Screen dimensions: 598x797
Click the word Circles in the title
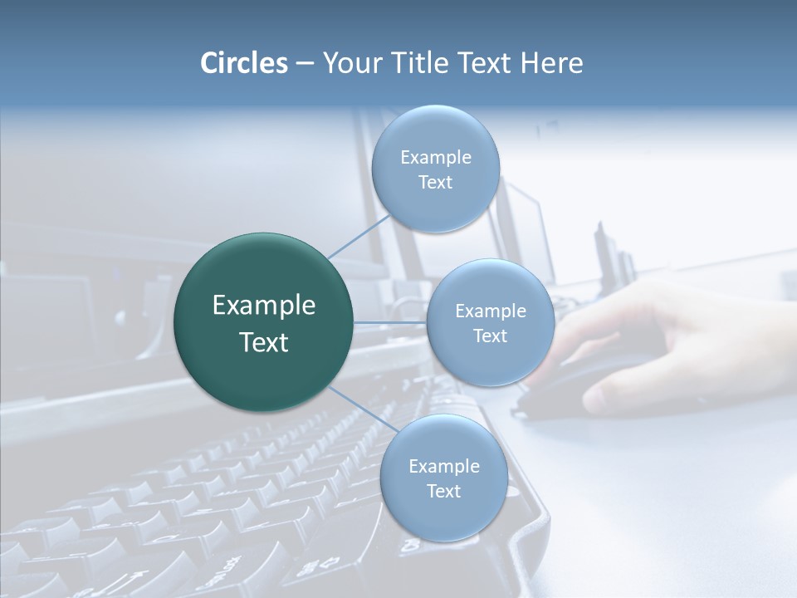pyautogui.click(x=243, y=63)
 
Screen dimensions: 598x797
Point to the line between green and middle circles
pyautogui.click(x=390, y=322)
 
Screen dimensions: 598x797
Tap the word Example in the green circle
pyautogui.click(x=264, y=306)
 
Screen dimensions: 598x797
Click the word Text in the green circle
pyautogui.click(x=264, y=342)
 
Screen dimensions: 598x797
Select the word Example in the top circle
pyautogui.click(x=435, y=158)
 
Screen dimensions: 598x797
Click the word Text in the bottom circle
pyautogui.click(x=443, y=492)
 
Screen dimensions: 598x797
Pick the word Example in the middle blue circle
pyautogui.click(x=490, y=311)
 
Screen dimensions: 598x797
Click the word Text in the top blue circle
pyautogui.click(x=435, y=183)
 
